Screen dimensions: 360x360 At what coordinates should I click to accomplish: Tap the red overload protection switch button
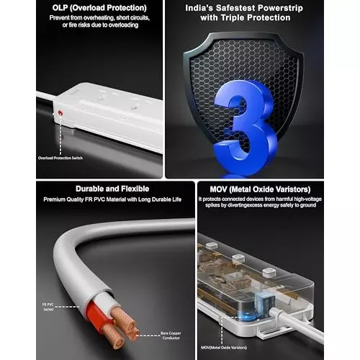click(60, 114)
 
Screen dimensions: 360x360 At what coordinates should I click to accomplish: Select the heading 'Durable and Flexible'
click(107, 189)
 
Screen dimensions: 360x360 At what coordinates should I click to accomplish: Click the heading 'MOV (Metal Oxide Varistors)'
click(259, 189)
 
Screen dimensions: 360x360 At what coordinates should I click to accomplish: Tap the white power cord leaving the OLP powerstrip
click(43, 93)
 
